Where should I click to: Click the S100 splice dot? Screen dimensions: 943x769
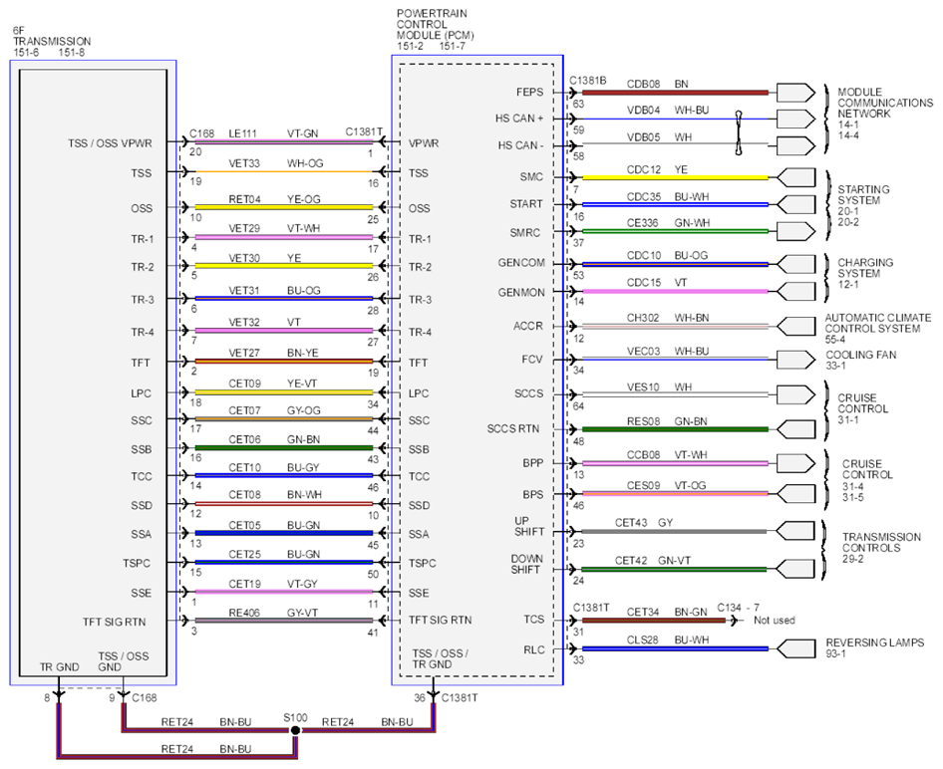[295, 730]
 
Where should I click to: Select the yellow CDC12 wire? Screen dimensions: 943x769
[675, 178]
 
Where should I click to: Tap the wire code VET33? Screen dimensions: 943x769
[244, 163]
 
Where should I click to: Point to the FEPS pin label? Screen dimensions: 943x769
[529, 92]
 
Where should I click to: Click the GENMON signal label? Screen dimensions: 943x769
[520, 293]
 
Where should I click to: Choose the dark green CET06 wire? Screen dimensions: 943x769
[284, 448]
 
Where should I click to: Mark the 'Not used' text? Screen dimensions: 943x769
[775, 620]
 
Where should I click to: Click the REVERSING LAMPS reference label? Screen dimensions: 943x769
[874, 647]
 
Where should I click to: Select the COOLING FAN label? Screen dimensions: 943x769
[860, 360]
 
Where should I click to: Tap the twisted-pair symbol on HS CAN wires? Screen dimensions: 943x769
[739, 132]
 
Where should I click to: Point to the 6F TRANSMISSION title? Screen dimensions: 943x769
[52, 41]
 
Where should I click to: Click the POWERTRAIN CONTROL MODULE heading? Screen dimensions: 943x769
[435, 30]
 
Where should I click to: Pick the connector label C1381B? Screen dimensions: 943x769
[587, 81]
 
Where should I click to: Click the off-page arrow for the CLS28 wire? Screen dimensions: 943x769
[795, 648]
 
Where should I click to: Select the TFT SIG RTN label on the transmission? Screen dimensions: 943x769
[115, 622]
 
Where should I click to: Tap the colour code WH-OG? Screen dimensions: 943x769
[305, 163]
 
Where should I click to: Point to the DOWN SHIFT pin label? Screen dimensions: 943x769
[527, 564]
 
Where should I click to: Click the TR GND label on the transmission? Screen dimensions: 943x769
[59, 666]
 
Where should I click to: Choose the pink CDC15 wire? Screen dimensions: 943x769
[675, 292]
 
